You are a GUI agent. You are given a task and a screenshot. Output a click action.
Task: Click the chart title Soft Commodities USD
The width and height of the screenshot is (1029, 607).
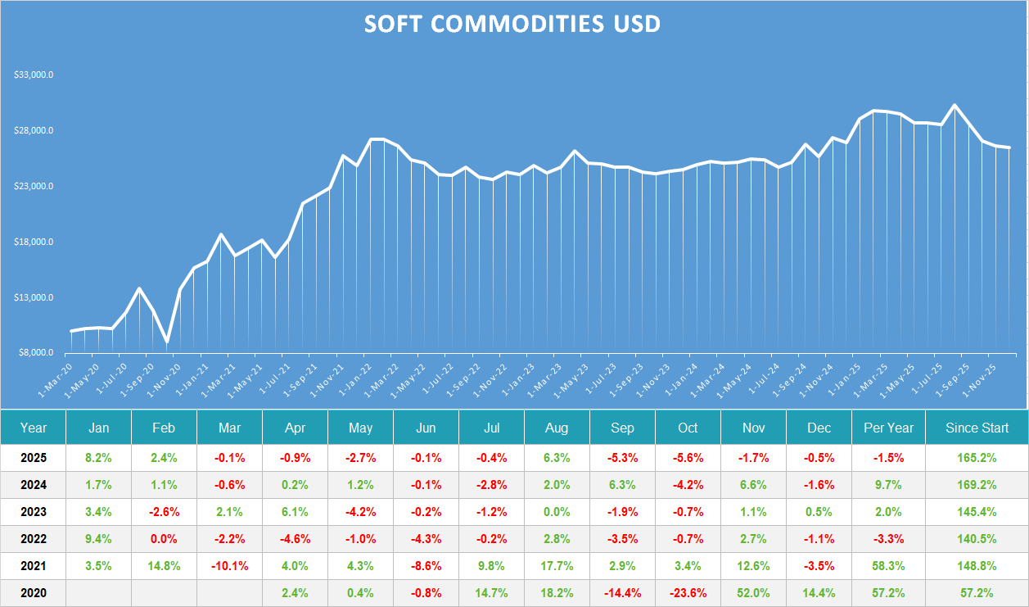point(512,25)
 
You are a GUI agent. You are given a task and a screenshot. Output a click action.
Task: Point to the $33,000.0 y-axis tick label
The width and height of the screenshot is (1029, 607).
point(34,75)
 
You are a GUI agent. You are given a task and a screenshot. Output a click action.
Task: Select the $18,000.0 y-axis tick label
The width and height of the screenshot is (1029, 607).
point(34,242)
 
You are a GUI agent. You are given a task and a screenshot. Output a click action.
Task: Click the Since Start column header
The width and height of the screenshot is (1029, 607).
point(977,428)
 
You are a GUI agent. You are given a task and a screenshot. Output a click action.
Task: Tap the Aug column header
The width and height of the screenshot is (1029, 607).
point(557,428)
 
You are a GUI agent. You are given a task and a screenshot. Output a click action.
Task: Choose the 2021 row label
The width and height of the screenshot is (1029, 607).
point(34,566)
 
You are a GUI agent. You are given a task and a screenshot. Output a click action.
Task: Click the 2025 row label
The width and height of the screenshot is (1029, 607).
point(34,458)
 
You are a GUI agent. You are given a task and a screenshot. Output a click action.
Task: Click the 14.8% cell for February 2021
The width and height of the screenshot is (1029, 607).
point(164,566)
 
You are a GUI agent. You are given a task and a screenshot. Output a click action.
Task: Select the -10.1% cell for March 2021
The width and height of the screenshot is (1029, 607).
point(229,566)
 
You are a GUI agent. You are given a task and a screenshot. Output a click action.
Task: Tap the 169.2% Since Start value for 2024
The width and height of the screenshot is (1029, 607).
point(977,485)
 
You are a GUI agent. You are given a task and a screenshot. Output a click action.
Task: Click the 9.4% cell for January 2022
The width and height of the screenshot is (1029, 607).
point(98,539)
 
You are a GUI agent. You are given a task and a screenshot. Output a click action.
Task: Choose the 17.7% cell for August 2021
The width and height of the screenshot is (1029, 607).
point(557,566)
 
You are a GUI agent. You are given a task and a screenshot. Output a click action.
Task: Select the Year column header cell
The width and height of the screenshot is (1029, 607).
point(34,428)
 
